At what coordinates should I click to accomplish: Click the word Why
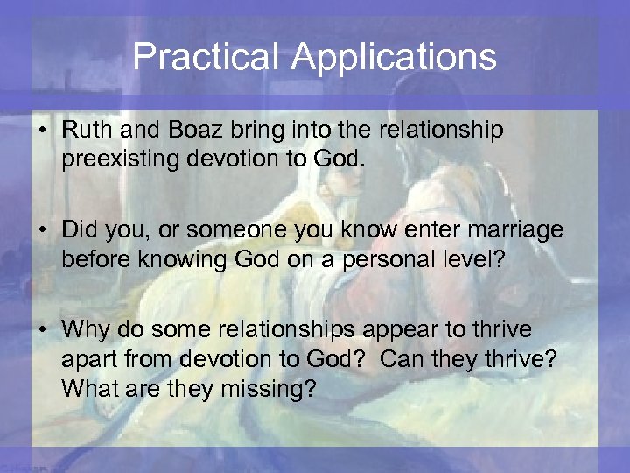pos(84,329)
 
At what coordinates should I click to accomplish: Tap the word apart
pos(87,360)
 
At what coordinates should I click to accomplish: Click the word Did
pos(80,230)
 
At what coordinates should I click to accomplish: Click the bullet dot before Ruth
pos(42,131)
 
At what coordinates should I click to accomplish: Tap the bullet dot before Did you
pos(42,231)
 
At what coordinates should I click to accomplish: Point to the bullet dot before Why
pos(42,330)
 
